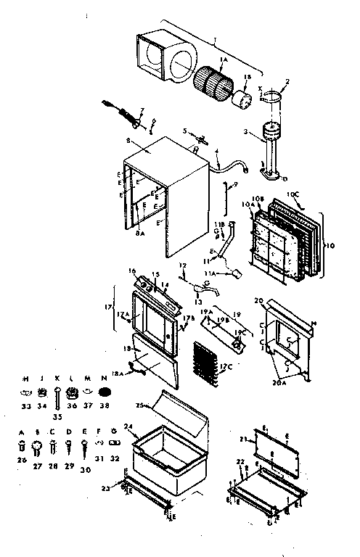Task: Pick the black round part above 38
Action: (x=104, y=392)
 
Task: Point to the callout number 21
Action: (x=240, y=441)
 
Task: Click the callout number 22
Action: (x=240, y=461)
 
